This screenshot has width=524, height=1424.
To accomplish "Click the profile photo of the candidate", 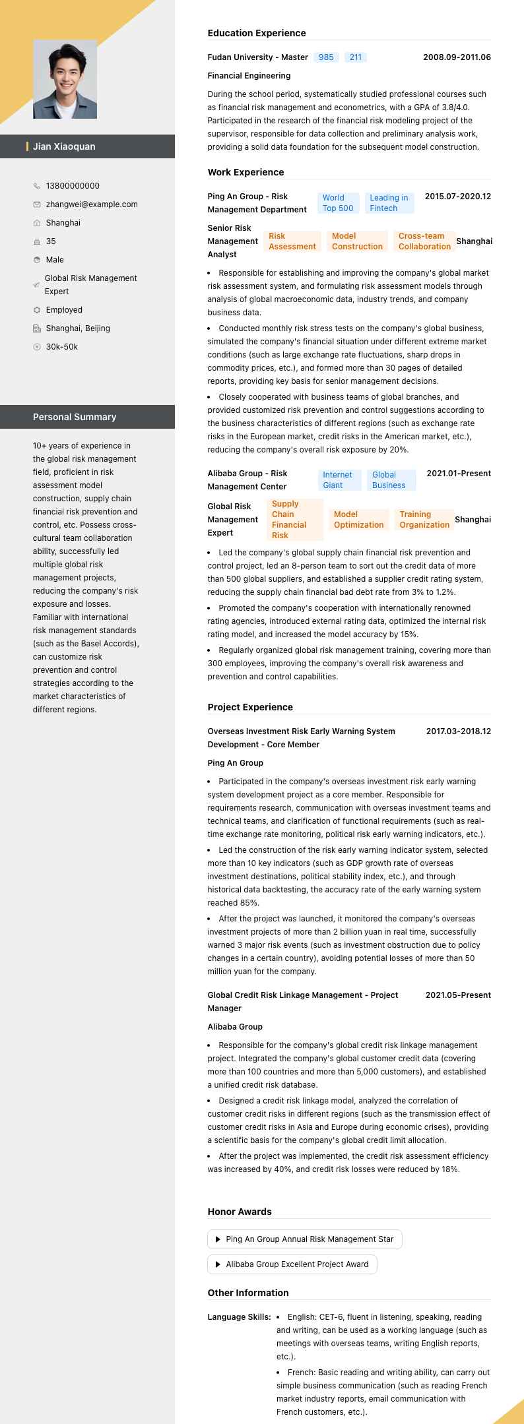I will tap(65, 79).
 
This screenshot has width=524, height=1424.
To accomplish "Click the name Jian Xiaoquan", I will tap(64, 146).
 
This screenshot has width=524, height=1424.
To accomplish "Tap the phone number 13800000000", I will tap(73, 186).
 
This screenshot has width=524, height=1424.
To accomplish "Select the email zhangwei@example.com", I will tap(92, 204).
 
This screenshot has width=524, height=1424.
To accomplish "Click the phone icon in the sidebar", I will tap(37, 186).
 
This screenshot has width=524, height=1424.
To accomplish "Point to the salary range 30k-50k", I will tap(61, 347).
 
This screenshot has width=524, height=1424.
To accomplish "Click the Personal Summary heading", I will tap(75, 417).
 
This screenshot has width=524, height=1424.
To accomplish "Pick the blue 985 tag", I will tap(326, 57).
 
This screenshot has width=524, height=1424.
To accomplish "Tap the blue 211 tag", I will tap(356, 57).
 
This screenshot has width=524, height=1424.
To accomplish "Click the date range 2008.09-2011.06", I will tap(457, 57).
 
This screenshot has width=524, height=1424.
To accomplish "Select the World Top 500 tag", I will tap(338, 203).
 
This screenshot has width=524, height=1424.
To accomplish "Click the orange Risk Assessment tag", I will tap(292, 241).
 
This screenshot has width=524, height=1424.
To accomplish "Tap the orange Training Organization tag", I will tap(424, 520).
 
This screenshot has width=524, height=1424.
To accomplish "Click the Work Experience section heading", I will tap(246, 172).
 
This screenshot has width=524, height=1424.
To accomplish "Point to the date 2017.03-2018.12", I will tap(458, 731).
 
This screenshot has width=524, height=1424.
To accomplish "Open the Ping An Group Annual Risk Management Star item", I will tap(305, 1239).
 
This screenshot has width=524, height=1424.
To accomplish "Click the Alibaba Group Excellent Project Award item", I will tap(292, 1264).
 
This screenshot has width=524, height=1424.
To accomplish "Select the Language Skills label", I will tap(239, 1317).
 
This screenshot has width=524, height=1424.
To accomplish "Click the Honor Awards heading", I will tap(240, 1212).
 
